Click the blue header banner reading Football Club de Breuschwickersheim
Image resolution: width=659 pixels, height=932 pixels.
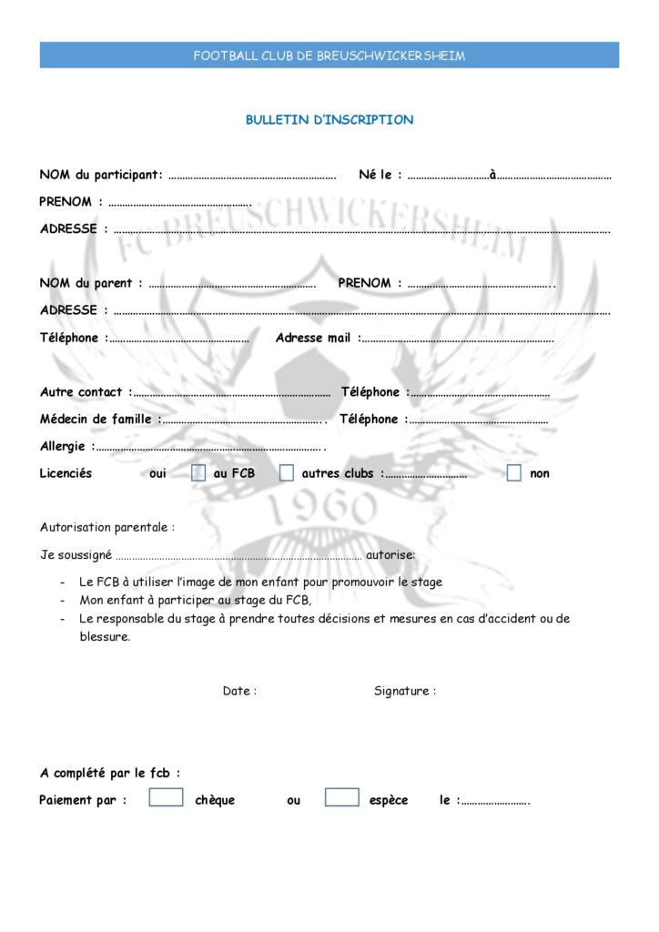(x=329, y=56)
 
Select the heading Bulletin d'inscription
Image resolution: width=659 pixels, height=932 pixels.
(x=329, y=120)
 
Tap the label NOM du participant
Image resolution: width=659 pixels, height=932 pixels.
(x=101, y=175)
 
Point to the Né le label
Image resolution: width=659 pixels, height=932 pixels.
(x=380, y=175)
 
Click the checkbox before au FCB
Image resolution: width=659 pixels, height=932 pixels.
(x=198, y=473)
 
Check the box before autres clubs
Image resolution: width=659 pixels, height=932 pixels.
(x=287, y=473)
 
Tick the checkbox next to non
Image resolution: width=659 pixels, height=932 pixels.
(x=514, y=473)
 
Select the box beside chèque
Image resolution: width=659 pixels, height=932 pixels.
(x=166, y=797)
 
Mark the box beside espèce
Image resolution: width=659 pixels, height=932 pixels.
(x=341, y=797)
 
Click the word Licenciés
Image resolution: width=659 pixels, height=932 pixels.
(x=66, y=473)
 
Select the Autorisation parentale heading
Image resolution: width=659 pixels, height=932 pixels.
(x=106, y=527)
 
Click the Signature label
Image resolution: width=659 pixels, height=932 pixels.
(x=404, y=691)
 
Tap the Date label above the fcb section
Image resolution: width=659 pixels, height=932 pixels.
(x=239, y=691)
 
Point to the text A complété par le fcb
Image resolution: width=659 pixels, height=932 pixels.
(x=109, y=774)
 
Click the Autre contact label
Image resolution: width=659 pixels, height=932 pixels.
(x=85, y=392)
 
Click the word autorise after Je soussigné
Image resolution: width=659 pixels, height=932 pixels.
(x=390, y=554)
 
